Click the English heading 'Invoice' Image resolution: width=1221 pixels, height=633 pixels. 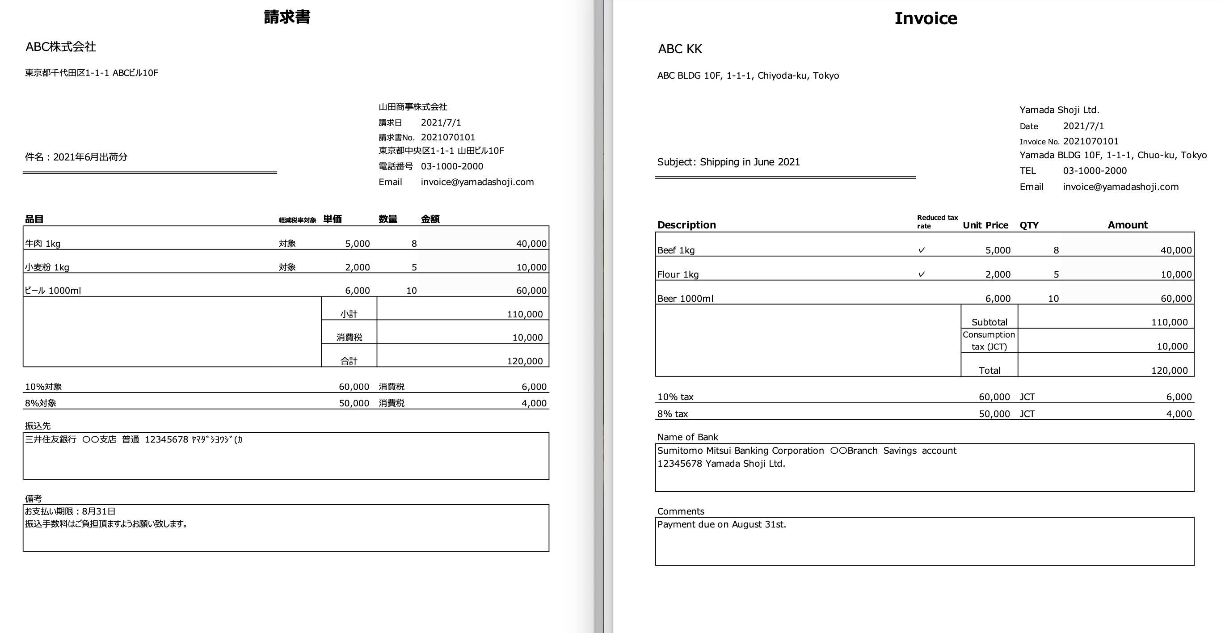point(925,18)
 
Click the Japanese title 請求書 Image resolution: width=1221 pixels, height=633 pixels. point(287,17)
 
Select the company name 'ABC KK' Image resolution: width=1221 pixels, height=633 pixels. point(680,49)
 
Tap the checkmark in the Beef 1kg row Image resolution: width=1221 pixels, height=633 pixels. point(922,250)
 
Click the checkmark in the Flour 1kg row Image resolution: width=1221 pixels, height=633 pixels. point(922,274)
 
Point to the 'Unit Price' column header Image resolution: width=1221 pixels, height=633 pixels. point(985,225)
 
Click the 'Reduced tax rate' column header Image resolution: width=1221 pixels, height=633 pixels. point(937,221)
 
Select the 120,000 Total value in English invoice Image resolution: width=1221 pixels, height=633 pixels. point(1169,370)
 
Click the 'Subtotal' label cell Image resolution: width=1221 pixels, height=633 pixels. point(989,322)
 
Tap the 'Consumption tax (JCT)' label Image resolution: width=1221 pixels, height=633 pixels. point(989,341)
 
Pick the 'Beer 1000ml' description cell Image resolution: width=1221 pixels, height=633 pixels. point(685,298)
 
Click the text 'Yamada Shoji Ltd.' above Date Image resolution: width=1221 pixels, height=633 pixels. point(1059,110)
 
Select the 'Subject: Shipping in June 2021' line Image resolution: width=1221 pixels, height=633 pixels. point(728,162)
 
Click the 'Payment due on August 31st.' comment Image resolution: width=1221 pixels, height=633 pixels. point(721,524)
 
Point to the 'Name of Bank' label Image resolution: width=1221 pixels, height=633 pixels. point(687,437)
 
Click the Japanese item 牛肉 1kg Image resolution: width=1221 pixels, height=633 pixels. point(42,244)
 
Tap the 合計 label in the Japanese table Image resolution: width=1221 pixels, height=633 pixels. point(349,361)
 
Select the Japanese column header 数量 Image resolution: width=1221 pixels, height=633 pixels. point(388,219)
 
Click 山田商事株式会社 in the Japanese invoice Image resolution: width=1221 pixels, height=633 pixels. point(413,107)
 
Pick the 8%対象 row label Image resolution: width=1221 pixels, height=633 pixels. point(41,403)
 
